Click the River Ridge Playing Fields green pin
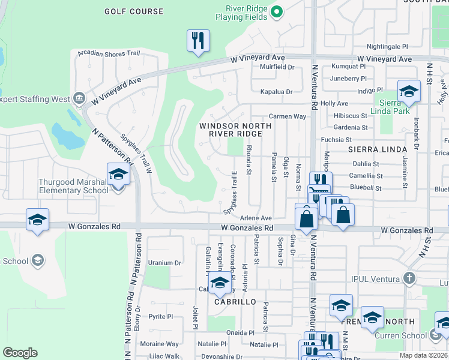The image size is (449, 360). point(276,10)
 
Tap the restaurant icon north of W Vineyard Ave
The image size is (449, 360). point(198,41)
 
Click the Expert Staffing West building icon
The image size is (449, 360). point(79,98)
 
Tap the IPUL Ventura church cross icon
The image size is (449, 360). point(409,278)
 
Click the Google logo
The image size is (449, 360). point(20,352)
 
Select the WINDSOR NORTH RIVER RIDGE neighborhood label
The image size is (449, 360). point(235,130)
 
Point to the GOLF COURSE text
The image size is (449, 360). point(133,11)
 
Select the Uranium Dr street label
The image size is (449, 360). point(164,263)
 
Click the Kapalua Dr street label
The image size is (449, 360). point(276,92)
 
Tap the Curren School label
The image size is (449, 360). point(400,335)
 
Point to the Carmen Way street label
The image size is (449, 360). point(287,116)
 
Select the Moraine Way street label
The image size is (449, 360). point(159,344)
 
